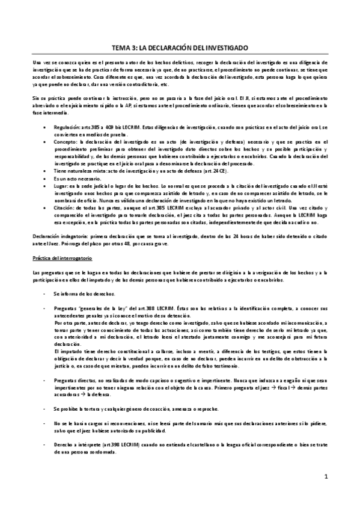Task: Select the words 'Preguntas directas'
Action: (x=75, y=381)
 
